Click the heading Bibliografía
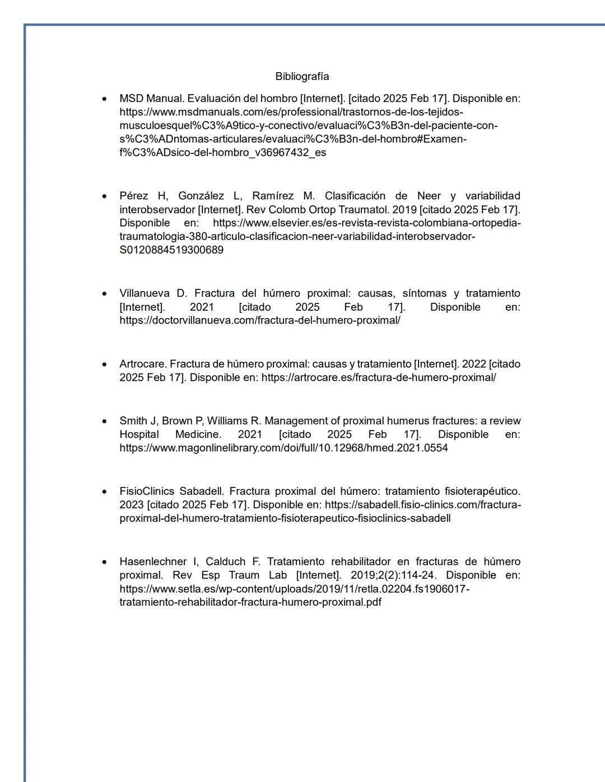302,76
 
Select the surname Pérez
135,196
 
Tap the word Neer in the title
429,196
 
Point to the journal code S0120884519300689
171,250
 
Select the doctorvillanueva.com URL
260,320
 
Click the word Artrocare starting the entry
143,364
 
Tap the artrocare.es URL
379,377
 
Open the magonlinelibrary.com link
283,448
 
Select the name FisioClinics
147,491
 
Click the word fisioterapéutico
482,491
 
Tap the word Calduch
225,561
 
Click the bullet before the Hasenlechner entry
104,561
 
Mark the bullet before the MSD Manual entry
104,99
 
